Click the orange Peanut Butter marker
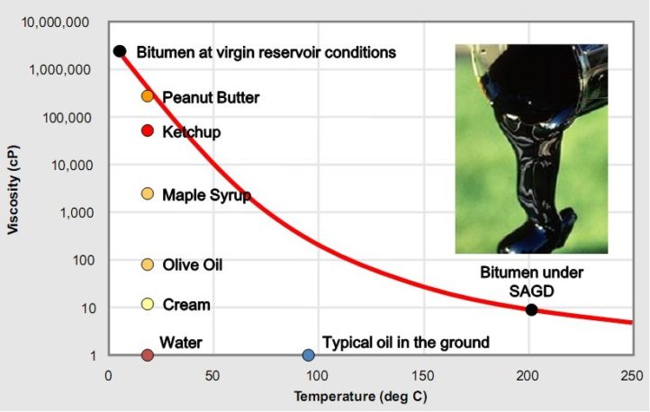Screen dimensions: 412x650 [148, 96]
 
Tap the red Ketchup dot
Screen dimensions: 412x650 [148, 130]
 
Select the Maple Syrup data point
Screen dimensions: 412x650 [148, 194]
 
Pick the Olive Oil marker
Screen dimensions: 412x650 [148, 264]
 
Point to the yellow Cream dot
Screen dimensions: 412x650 [148, 304]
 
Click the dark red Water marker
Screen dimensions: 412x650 [148, 355]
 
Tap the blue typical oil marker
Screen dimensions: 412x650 [308, 355]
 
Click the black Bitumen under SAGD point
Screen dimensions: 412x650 [531, 309]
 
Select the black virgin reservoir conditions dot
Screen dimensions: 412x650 [119, 51]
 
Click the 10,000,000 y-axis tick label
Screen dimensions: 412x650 [56, 22]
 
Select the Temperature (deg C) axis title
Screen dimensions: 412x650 [371, 395]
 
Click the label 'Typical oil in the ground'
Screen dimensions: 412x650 [405, 342]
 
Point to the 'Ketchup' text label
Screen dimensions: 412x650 [191, 131]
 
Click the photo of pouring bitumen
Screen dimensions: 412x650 [530, 148]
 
